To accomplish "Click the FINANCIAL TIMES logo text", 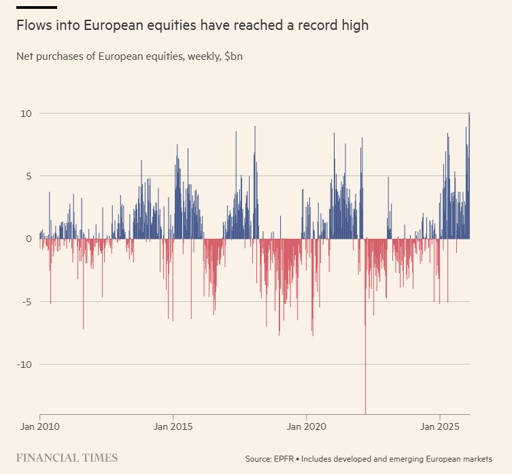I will tap(67, 458).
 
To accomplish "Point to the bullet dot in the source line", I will tap(297, 459).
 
